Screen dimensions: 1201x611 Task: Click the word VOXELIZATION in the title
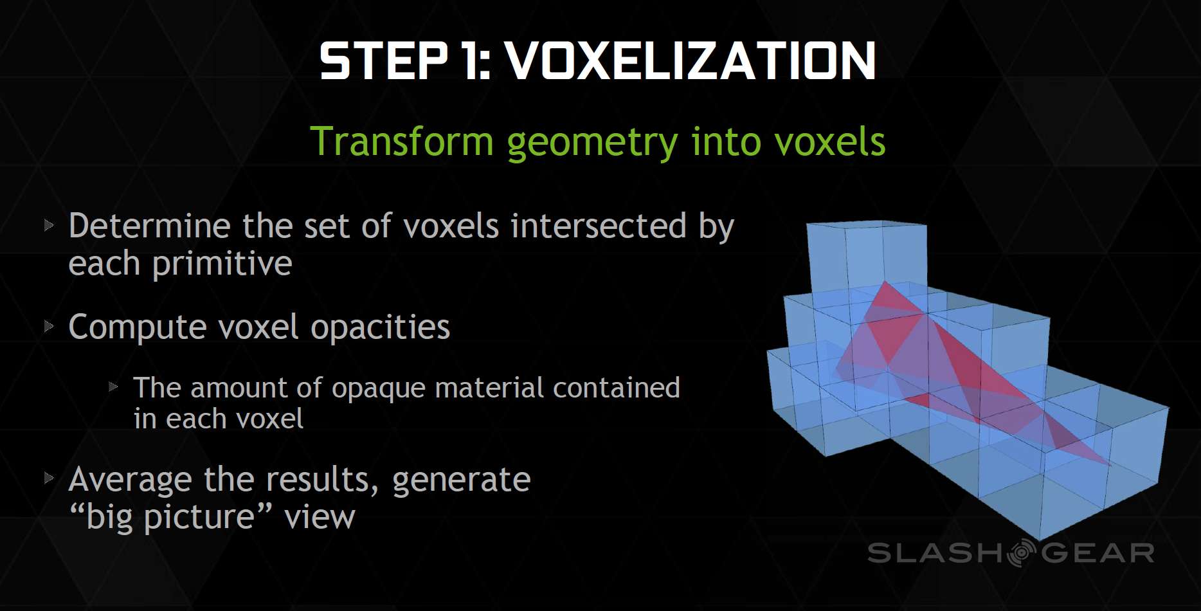(691, 61)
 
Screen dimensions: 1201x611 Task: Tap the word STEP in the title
(384, 61)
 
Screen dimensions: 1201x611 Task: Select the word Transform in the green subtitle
(402, 141)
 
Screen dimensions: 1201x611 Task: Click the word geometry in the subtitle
(592, 143)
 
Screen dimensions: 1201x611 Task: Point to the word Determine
(149, 226)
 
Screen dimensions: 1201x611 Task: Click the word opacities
(381, 328)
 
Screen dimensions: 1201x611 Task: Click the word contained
(616, 388)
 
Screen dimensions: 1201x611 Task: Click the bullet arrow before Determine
(49, 226)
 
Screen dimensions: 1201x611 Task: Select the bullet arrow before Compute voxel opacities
(49, 327)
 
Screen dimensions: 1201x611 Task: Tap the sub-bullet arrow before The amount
(113, 387)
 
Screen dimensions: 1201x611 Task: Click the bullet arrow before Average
(49, 478)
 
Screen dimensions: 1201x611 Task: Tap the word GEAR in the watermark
(1097, 553)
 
